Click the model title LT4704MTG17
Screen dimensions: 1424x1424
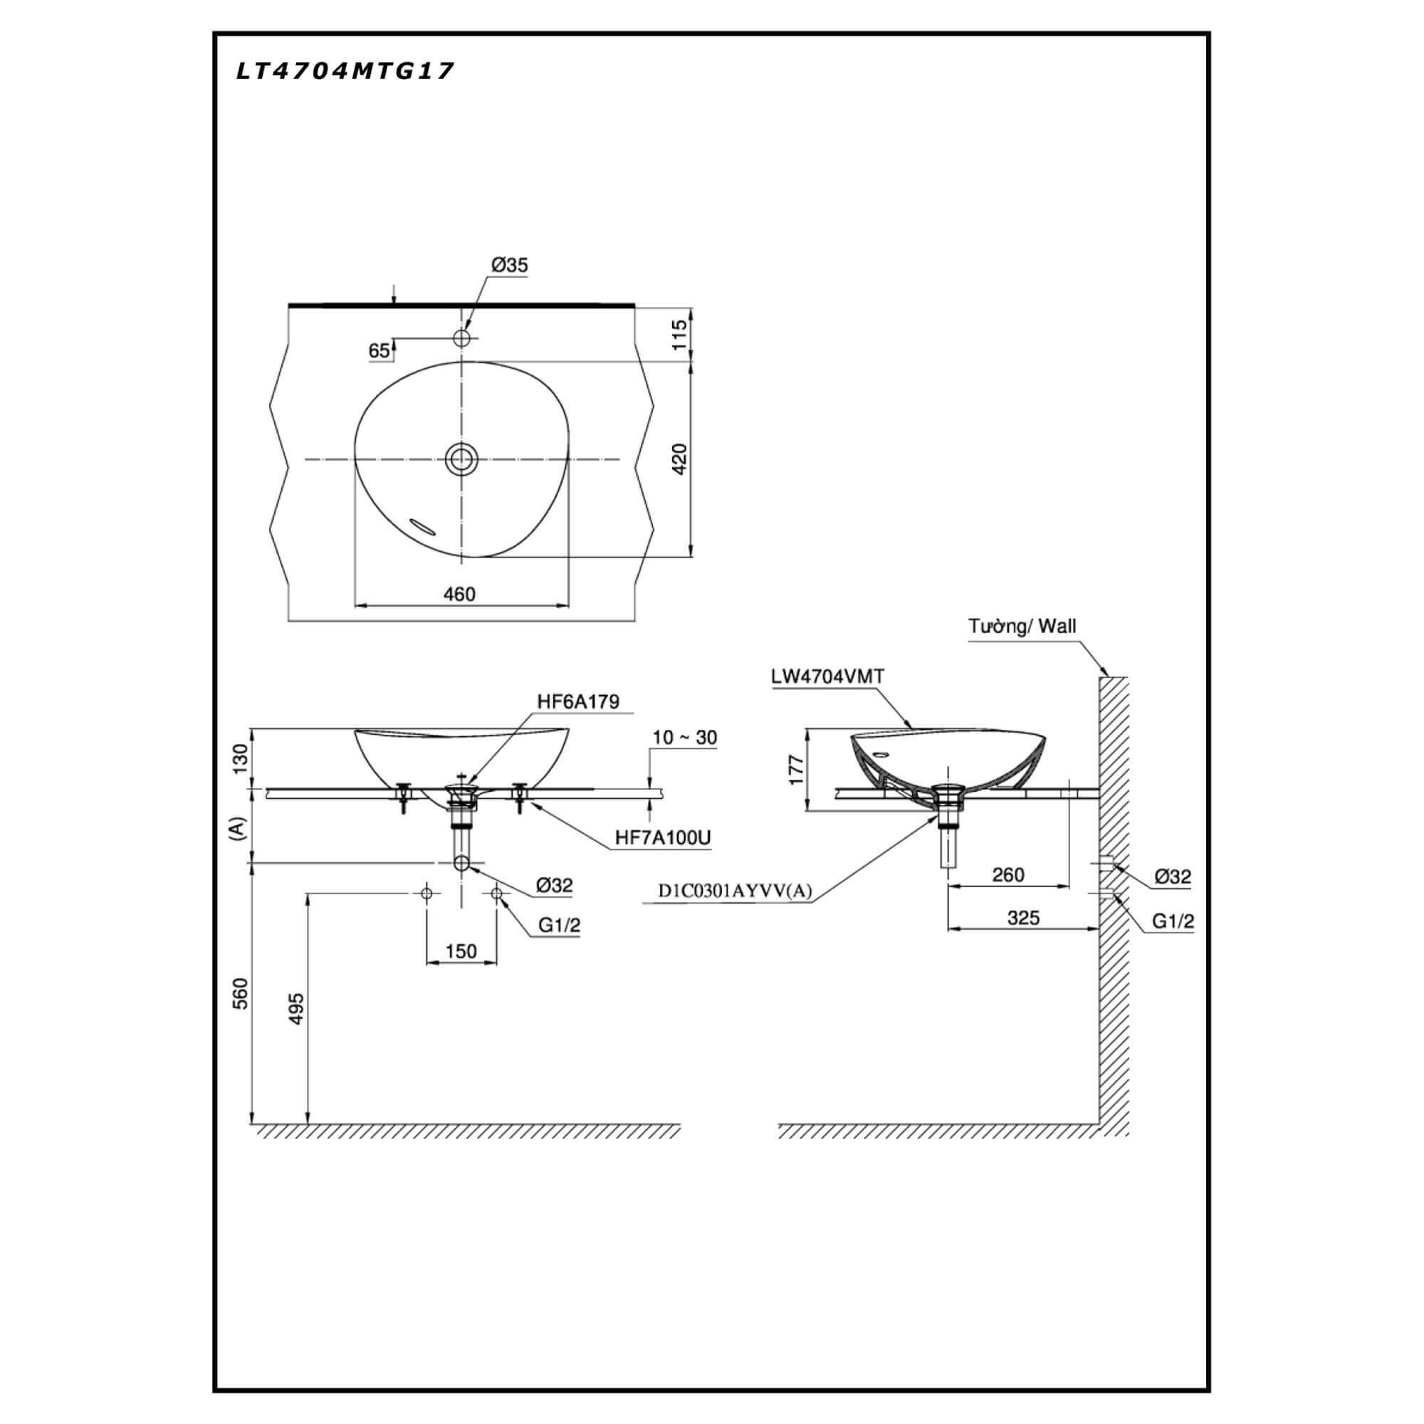345,70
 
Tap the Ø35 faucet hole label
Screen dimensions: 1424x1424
510,265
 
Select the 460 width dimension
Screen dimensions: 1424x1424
460,593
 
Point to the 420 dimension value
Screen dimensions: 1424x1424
679,459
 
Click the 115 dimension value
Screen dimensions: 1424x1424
679,334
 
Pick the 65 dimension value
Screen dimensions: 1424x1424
379,351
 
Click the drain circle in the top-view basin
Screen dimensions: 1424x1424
462,459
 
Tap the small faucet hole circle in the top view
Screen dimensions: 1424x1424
462,338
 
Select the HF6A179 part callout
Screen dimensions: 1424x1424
578,701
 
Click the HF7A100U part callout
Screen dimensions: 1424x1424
663,837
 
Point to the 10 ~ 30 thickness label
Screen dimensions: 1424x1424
685,737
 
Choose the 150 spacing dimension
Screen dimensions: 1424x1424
461,951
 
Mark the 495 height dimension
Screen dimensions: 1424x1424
295,1007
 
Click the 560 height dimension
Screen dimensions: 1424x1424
241,993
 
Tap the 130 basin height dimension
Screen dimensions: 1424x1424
241,758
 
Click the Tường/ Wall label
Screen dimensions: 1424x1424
1022,627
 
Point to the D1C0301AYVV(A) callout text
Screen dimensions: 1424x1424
735,891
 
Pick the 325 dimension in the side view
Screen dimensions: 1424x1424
1023,918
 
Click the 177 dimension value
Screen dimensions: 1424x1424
795,770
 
